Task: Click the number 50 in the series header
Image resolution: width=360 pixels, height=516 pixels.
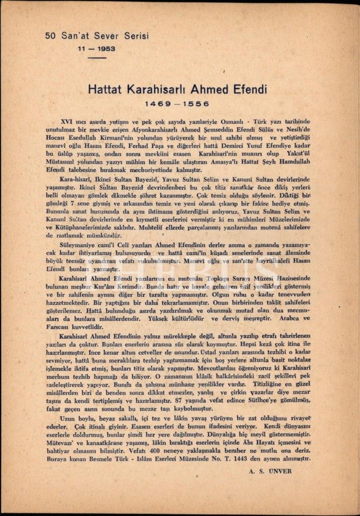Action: [50, 36]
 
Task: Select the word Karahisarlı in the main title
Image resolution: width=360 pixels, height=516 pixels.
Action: [160, 89]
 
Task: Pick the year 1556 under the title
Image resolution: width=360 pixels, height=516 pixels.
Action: [199, 104]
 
